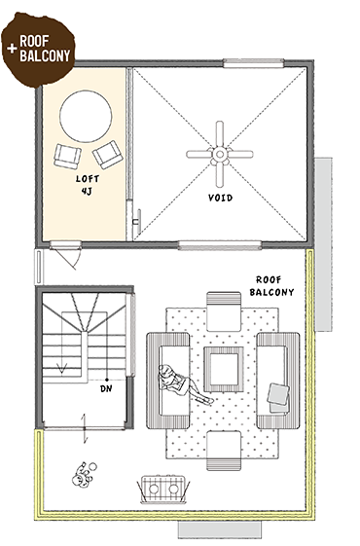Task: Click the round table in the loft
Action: (x=86, y=116)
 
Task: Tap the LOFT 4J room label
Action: (x=88, y=185)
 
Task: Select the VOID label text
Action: (x=221, y=198)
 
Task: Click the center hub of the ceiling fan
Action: (x=220, y=154)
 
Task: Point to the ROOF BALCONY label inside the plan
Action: (x=271, y=286)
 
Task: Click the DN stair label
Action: (x=106, y=388)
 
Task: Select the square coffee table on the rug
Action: (x=224, y=369)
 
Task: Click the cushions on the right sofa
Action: (x=278, y=398)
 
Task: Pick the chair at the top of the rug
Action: (x=224, y=311)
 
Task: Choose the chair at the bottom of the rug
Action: (x=224, y=451)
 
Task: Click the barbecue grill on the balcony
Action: (x=163, y=489)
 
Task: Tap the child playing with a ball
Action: (x=84, y=475)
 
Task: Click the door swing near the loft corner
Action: (x=70, y=258)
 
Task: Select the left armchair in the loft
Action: (x=67, y=157)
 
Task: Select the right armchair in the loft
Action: (x=108, y=154)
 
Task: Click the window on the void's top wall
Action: (x=253, y=63)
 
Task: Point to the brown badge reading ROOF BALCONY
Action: (x=38, y=50)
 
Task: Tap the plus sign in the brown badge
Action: (x=12, y=48)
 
